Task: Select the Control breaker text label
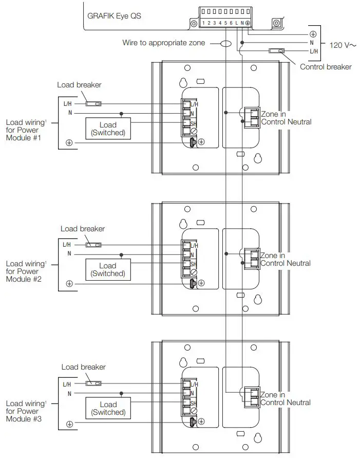tap(326, 67)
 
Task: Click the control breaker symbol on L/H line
tap(276, 50)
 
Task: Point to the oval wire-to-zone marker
tap(226, 43)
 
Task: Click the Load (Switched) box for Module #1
tap(108, 129)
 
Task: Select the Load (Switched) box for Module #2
tap(108, 269)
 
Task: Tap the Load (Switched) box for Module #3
tap(108, 408)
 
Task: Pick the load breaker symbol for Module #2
tap(93, 245)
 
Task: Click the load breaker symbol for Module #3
tap(93, 383)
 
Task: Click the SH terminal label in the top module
tap(194, 124)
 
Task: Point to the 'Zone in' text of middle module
tap(273, 255)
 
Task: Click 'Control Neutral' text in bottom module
tap(286, 402)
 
